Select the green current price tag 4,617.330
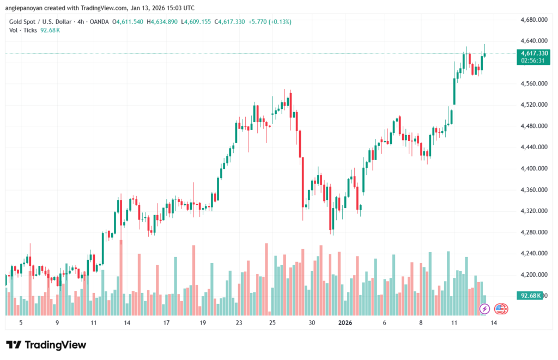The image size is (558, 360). point(533,53)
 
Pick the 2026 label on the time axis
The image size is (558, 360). point(345,322)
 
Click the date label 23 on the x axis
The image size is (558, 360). point(239,322)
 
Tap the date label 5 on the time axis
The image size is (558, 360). point(21,322)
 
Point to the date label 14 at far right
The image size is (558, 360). point(493,322)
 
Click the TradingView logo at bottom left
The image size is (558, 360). point(46,345)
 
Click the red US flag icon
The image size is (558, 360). point(501,309)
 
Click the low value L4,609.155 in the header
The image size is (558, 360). point(197,22)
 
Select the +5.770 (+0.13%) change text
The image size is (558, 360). point(270,22)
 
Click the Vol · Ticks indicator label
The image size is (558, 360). point(23,30)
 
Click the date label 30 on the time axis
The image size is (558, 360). point(312,322)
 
